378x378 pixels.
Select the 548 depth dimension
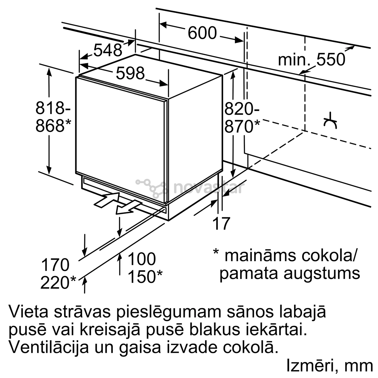click(108, 50)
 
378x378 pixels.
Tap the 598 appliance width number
click(130, 73)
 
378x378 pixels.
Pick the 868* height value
click(54, 125)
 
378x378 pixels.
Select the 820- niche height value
click(242, 109)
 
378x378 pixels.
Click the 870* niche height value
click(242, 126)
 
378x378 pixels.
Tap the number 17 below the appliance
click(221, 223)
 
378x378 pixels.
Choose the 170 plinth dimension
click(55, 265)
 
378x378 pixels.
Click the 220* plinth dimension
click(58, 282)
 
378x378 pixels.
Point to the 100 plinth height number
click(142, 259)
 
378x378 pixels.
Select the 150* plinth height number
click(145, 276)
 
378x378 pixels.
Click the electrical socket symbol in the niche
click(330, 120)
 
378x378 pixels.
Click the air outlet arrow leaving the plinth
click(128, 207)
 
